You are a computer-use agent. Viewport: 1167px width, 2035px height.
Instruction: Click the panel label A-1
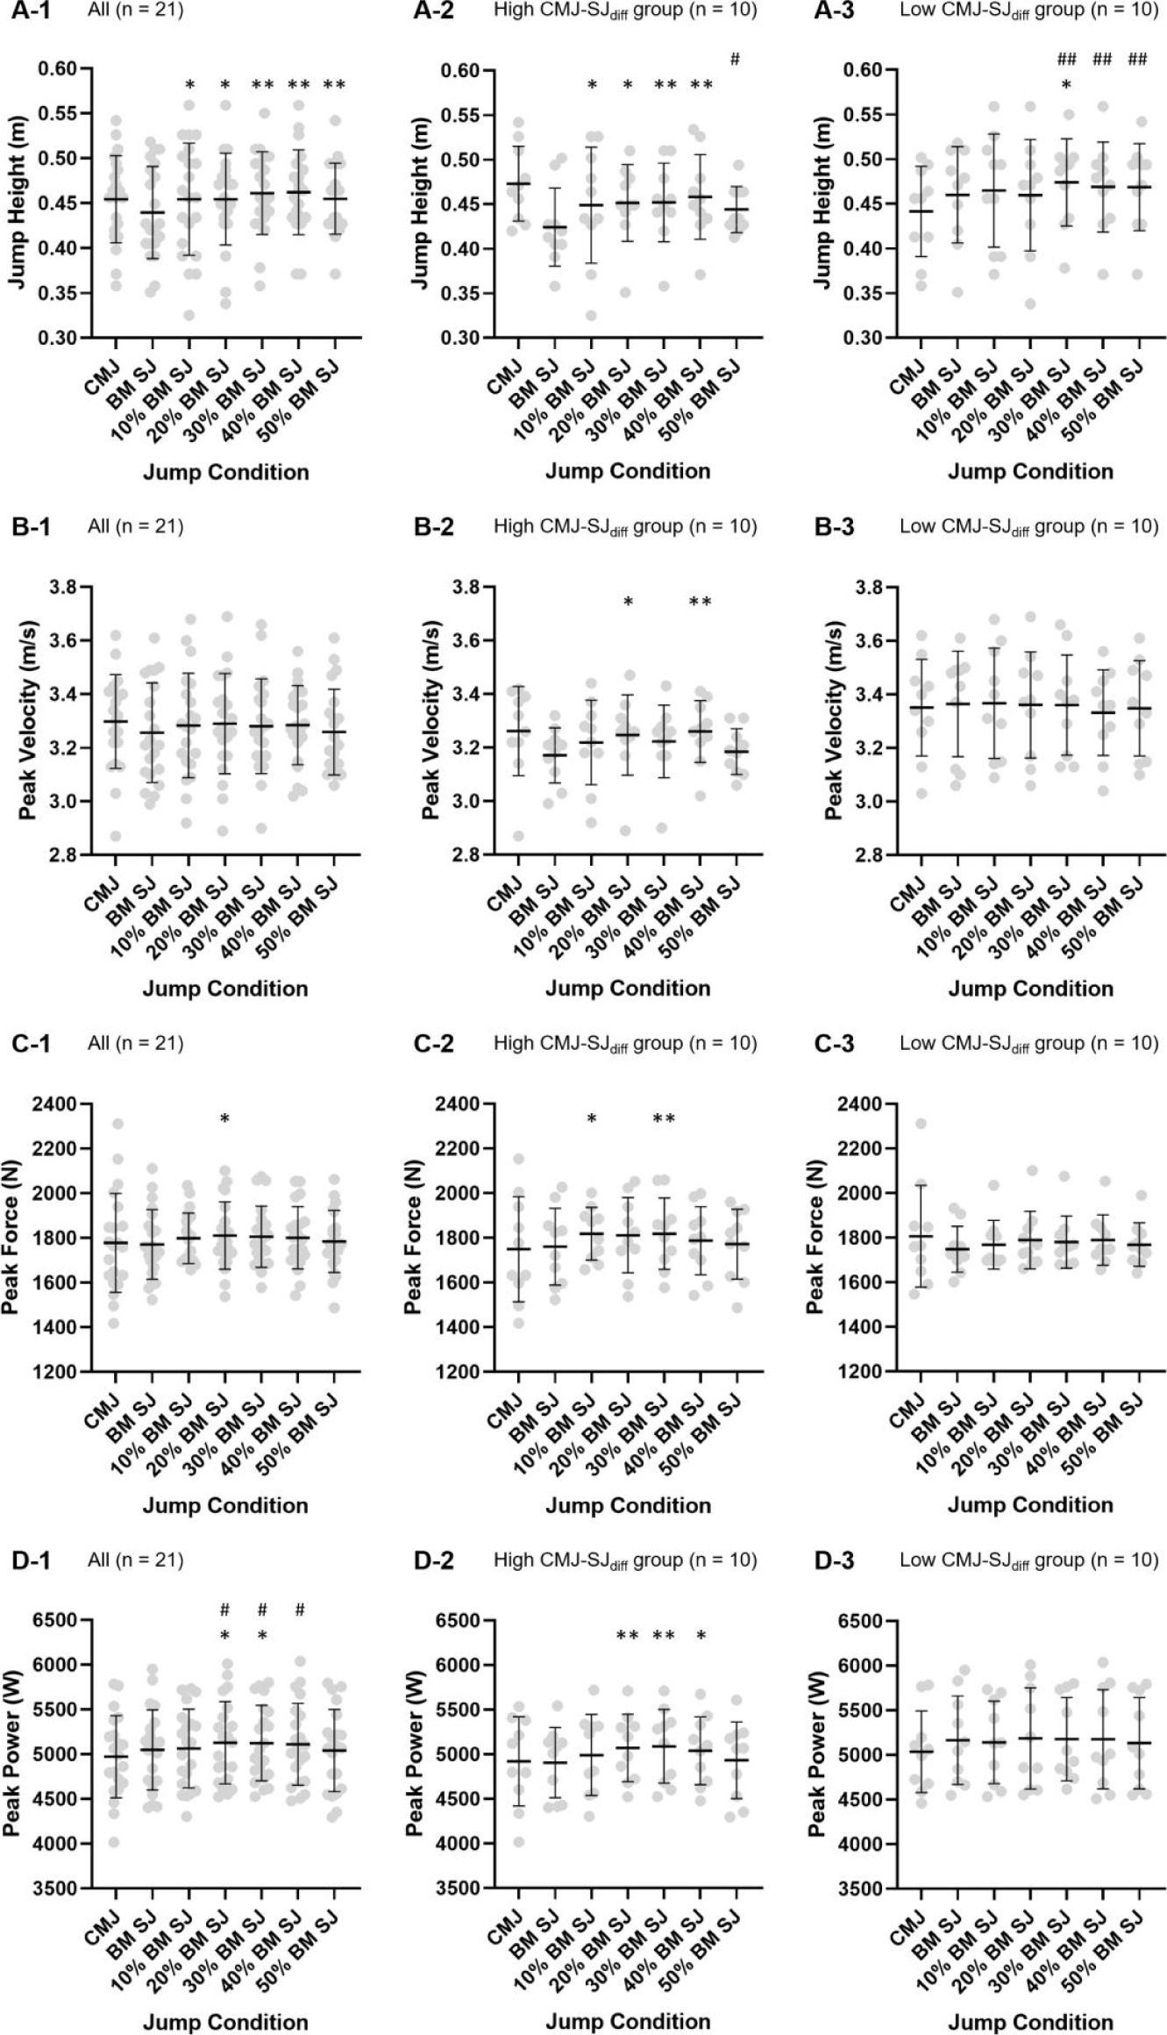(x=31, y=11)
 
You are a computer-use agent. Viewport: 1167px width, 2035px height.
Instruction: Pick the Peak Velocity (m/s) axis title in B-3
(x=834, y=720)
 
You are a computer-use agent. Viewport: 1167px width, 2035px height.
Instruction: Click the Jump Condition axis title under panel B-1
(x=225, y=989)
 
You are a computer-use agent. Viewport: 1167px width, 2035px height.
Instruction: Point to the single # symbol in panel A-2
(x=735, y=60)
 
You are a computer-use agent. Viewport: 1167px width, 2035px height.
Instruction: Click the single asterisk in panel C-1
(x=224, y=1119)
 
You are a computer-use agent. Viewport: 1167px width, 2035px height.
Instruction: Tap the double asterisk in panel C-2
(x=664, y=1119)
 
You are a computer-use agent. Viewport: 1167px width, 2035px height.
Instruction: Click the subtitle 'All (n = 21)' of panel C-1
(x=136, y=1043)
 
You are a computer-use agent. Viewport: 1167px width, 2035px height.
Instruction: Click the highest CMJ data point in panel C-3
(x=921, y=1124)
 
